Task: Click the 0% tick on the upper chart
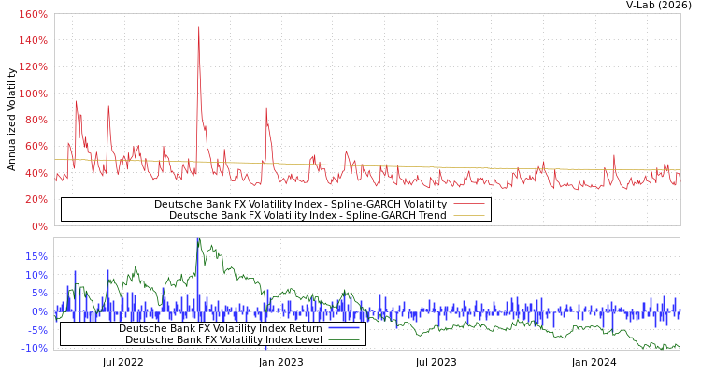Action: pos(38,225)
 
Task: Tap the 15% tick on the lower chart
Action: pos(36,256)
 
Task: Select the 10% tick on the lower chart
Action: pos(36,275)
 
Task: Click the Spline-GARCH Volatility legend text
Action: pos(300,204)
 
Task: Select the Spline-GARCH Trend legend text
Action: pos(308,215)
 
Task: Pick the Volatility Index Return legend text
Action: pos(220,328)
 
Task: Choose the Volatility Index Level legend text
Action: pos(223,339)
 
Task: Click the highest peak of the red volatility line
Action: pos(198,27)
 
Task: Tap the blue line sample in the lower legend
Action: pos(344,328)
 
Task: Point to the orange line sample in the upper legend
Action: pos(469,215)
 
